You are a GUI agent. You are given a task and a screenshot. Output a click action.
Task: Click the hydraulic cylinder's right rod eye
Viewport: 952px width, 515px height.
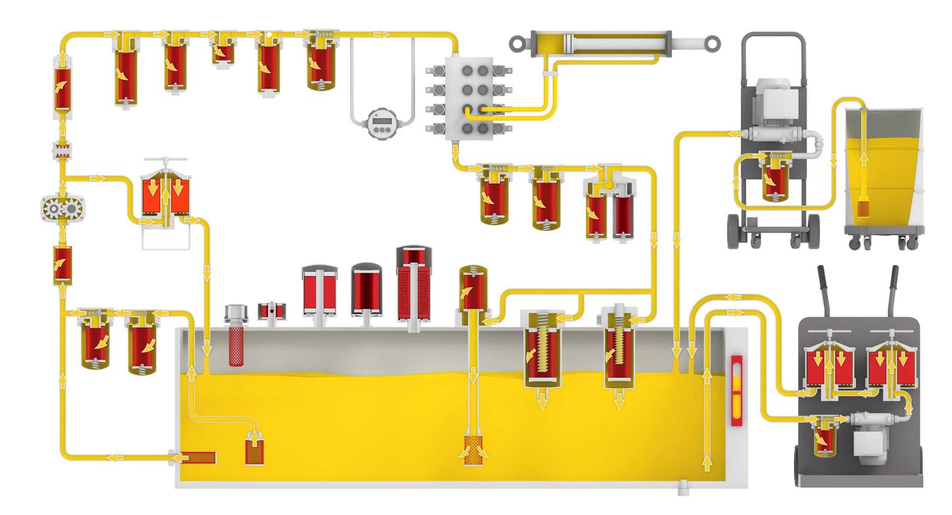[711, 43]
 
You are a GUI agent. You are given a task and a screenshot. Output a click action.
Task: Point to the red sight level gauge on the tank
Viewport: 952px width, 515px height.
[737, 389]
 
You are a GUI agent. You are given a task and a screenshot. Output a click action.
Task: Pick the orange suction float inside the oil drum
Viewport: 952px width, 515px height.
[863, 209]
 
